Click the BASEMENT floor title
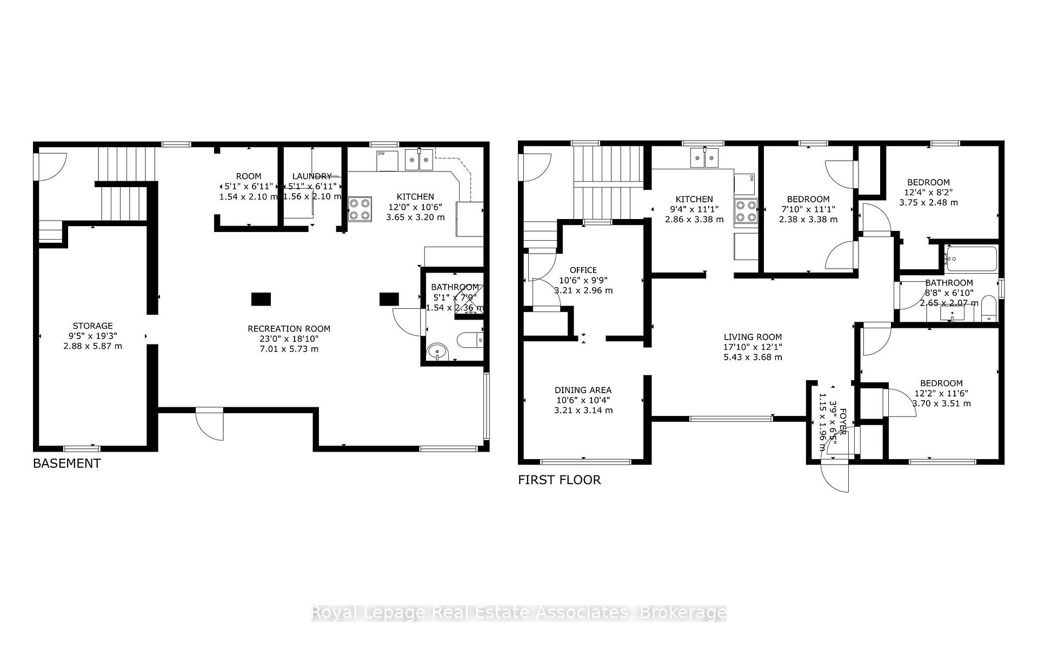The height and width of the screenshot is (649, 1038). pos(66,463)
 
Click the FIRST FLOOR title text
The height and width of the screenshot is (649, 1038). pos(559,480)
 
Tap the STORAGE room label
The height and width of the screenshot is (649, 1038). pos(92,326)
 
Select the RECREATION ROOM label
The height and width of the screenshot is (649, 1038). pos(289,329)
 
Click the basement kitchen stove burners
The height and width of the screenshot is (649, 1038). pos(360,209)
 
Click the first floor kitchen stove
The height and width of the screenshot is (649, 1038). pos(746,211)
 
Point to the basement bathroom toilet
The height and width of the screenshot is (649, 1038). pos(469,340)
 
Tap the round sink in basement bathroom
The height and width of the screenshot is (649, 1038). pos(437,352)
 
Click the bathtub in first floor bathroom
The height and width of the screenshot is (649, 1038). pos(971,259)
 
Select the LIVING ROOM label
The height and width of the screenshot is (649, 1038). pos(753,337)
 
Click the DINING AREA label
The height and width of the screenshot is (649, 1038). pos(583,390)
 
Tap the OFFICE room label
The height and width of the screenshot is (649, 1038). pos(583,270)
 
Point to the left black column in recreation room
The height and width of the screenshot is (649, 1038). pos(261,299)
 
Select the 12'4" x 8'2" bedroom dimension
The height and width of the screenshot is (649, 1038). pos(927,193)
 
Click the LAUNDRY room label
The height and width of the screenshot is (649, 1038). pos(312,176)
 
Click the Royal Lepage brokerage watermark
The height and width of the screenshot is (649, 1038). pos(518,612)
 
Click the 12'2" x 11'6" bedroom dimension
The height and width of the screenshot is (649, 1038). pos(941,393)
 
